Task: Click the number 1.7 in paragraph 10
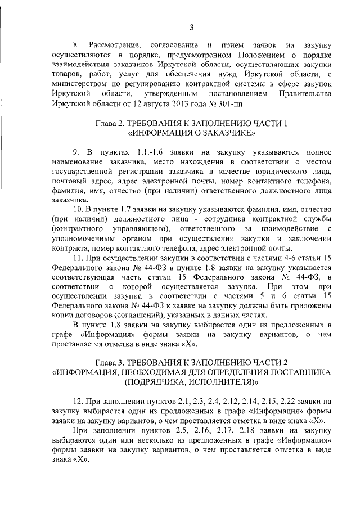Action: coord(125,209)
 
